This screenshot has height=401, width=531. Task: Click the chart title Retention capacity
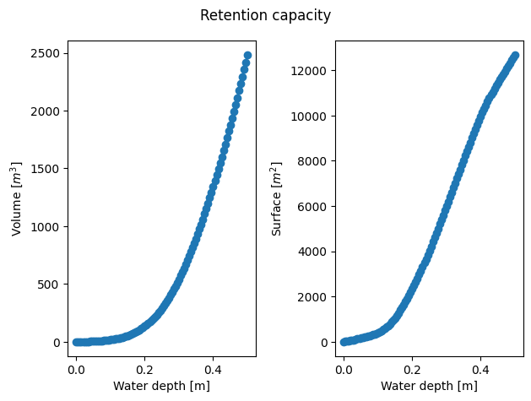(x=265, y=15)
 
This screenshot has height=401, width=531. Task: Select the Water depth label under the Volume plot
(x=162, y=386)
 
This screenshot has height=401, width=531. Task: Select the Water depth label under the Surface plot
(x=430, y=386)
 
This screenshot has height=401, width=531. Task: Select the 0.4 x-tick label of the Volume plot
(x=213, y=368)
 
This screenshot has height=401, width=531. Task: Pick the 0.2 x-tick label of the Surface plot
(x=412, y=368)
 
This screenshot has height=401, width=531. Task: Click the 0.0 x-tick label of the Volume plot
(x=76, y=368)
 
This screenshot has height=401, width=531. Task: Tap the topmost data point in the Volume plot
(x=247, y=55)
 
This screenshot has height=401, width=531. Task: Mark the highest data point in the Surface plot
(x=515, y=55)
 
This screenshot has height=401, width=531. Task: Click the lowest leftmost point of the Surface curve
(x=344, y=342)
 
